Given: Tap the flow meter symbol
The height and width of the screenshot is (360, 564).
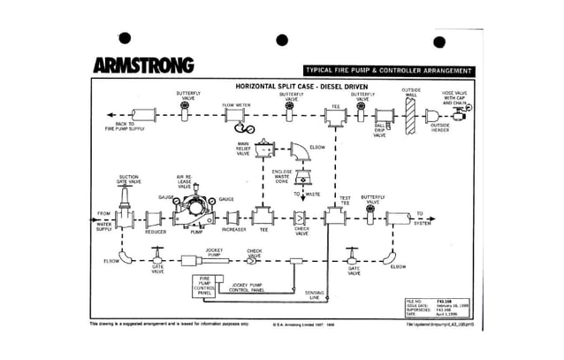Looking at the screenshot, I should coord(235,116).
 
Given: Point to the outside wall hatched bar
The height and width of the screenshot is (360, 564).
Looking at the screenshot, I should coord(409,112).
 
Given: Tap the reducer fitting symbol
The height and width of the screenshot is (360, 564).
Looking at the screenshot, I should coord(155,217).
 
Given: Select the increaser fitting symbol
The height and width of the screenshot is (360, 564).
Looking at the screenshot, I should coord(233,217).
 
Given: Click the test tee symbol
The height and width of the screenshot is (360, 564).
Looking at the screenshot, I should coord(336,217).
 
